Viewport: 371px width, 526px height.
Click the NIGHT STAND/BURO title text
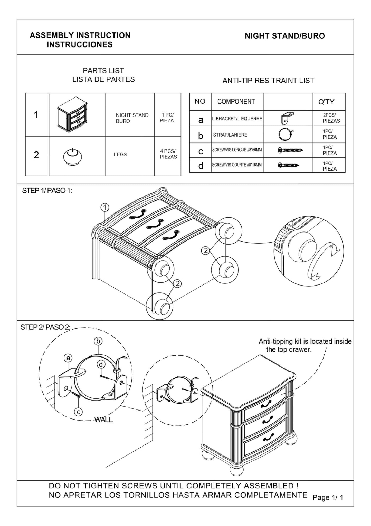pos(284,36)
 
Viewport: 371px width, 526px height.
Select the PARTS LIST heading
pos(103,70)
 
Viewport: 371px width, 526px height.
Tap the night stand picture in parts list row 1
pos(72,114)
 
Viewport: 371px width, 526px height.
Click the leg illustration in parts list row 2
pos(73,156)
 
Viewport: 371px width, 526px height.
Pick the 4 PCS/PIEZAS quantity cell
pos(168,154)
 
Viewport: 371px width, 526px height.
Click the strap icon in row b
pos(286,135)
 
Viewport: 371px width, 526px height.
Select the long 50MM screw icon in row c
pos(290,150)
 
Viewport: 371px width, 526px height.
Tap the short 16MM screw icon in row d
pos(288,165)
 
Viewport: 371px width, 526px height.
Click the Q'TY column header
pos(326,102)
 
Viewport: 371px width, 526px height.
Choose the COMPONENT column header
pos(236,102)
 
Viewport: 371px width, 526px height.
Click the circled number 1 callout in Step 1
pos(105,207)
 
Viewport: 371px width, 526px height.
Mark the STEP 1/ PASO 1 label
pos(47,191)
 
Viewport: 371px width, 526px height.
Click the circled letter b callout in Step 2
pos(98,341)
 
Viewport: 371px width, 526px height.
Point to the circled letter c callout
pos(78,412)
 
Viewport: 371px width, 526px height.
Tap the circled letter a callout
pos(68,358)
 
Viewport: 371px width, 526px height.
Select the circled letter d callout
pos(101,364)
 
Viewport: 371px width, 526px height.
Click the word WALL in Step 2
pos(104,420)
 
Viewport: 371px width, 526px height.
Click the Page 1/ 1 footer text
pos(328,497)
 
